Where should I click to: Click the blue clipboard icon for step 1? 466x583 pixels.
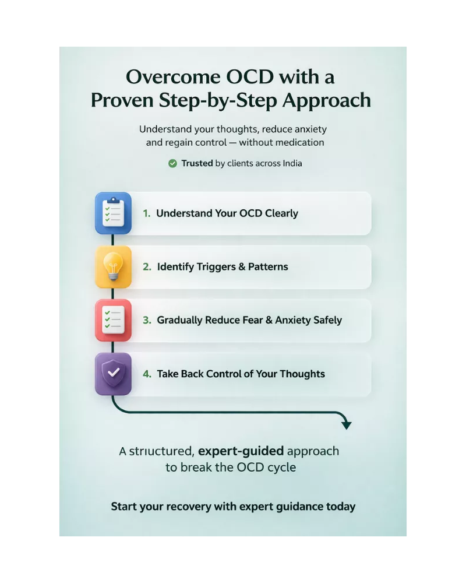pyautogui.click(x=113, y=213)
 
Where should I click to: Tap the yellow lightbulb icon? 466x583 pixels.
pyautogui.click(x=113, y=267)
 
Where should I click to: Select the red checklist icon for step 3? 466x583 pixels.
pyautogui.click(x=113, y=320)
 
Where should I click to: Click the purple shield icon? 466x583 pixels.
pyautogui.click(x=113, y=374)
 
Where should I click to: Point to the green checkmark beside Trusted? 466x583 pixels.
pyautogui.click(x=172, y=163)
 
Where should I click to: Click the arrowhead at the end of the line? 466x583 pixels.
pyautogui.click(x=347, y=425)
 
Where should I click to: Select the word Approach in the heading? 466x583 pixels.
pyautogui.click(x=327, y=100)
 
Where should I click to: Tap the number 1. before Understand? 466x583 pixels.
pyautogui.click(x=147, y=213)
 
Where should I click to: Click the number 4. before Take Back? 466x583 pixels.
pyautogui.click(x=147, y=374)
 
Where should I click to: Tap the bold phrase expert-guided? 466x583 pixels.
pyautogui.click(x=241, y=451)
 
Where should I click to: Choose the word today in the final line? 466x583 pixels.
pyautogui.click(x=340, y=506)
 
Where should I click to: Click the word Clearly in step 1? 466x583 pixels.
pyautogui.click(x=281, y=213)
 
